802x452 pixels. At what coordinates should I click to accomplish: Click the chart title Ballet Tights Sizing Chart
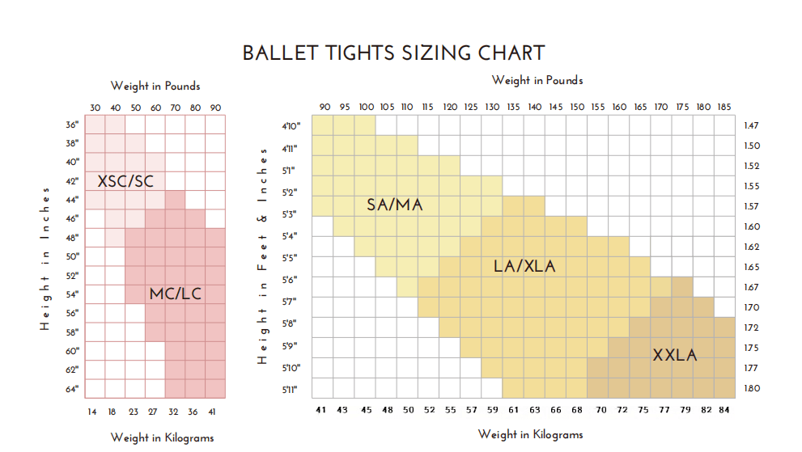[x=394, y=53]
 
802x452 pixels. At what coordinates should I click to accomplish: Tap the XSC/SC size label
[x=125, y=181]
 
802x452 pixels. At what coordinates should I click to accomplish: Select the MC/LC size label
[x=176, y=294]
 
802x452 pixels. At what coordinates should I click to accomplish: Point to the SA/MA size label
[x=395, y=205]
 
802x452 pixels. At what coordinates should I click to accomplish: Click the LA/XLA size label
[x=524, y=266]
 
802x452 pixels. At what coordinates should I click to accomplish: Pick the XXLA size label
[x=675, y=355]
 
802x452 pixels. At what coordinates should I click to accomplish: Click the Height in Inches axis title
[x=45, y=259]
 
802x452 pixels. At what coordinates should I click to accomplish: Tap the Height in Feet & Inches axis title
[x=262, y=256]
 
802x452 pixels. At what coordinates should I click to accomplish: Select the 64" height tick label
[x=72, y=389]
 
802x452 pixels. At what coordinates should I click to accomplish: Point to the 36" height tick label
[x=72, y=125]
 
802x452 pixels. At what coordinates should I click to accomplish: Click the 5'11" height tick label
[x=290, y=390]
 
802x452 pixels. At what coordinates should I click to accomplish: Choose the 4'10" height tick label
[x=291, y=126]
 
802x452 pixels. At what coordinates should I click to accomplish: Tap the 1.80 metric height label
[x=752, y=388]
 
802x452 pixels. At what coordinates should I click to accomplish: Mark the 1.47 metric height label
[x=751, y=125]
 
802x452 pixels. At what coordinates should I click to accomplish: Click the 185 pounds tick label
[x=724, y=107]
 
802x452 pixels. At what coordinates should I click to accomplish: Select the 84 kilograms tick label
[x=723, y=410]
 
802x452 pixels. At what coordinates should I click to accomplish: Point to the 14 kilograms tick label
[x=92, y=412]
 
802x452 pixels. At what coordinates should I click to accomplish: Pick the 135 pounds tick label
[x=514, y=107]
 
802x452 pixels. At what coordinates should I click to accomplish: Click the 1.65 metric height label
[x=752, y=267]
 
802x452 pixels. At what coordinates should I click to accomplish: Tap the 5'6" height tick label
[x=290, y=280]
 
